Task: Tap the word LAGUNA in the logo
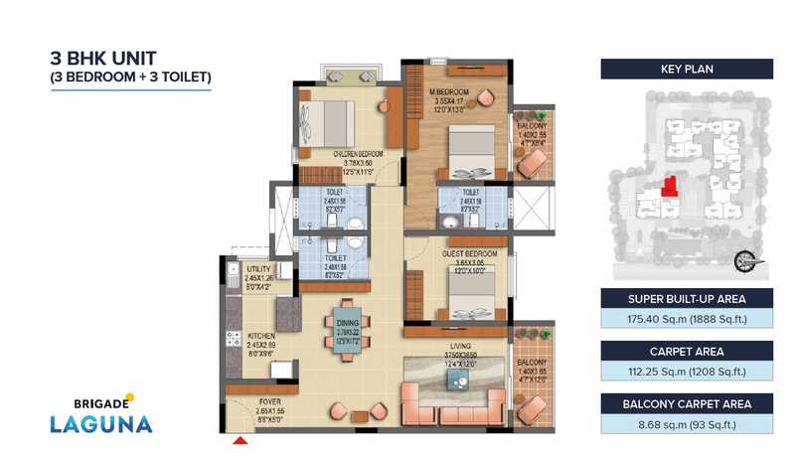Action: click(x=102, y=423)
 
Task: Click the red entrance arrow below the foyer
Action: click(x=239, y=438)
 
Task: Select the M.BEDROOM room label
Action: click(x=449, y=92)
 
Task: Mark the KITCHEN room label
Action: click(x=261, y=336)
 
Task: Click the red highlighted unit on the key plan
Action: click(x=668, y=186)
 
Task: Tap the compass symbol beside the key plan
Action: click(x=741, y=261)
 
